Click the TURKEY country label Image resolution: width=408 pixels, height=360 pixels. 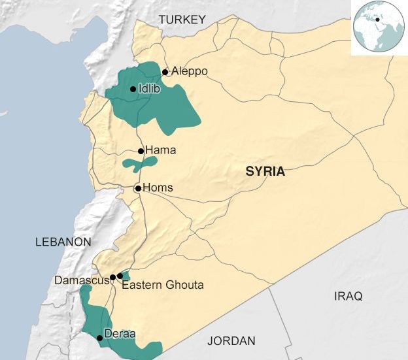[182, 20]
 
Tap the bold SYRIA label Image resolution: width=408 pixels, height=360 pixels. [265, 172]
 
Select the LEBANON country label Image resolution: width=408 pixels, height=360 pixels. [63, 242]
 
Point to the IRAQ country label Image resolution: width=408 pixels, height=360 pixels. [348, 297]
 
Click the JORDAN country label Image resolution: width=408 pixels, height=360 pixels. [231, 341]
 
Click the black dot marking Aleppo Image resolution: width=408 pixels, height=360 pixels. [165, 73]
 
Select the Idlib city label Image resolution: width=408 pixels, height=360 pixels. [148, 89]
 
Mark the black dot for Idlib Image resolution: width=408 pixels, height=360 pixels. [133, 90]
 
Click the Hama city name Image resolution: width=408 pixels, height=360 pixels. [160, 150]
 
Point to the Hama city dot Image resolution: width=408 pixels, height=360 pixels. [141, 151]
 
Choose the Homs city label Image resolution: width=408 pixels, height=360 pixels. [158, 188]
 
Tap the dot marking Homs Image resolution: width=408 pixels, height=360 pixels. [138, 188]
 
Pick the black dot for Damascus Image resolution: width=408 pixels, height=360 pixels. [112, 277]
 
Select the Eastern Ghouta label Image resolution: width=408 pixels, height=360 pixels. [163, 285]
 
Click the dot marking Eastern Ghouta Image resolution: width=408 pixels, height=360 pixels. [120, 276]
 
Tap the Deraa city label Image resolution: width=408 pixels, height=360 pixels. [120, 334]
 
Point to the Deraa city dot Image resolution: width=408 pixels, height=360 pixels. [99, 338]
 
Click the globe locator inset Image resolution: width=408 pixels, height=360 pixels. [378, 27]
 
